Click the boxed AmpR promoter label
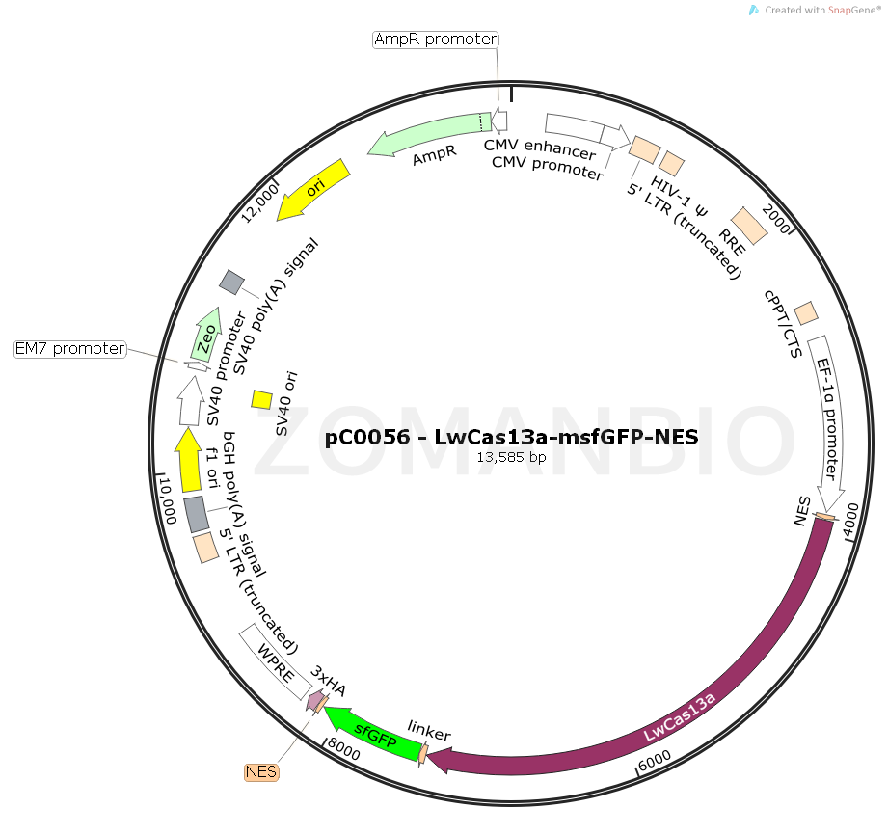point(436,40)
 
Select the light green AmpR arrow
point(424,134)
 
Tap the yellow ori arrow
point(313,189)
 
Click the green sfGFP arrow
point(375,734)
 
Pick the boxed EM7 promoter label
point(70,348)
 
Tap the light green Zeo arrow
point(206,334)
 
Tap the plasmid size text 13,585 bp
point(511,457)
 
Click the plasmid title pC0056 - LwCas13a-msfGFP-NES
point(511,437)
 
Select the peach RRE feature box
point(749,225)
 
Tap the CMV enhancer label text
point(540,146)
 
